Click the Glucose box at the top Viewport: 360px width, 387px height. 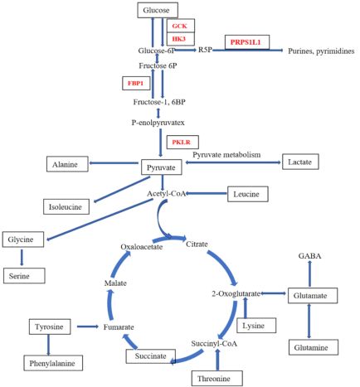pyautogui.click(x=158, y=11)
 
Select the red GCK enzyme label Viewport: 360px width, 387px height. pyautogui.click(x=180, y=26)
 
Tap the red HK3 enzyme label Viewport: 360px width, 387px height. pyautogui.click(x=179, y=39)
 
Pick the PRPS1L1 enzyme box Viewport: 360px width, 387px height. pyautogui.click(x=247, y=42)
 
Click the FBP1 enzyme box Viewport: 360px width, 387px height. pyautogui.click(x=137, y=83)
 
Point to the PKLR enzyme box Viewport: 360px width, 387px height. pyautogui.click(x=182, y=142)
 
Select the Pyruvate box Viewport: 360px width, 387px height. pyautogui.click(x=162, y=167)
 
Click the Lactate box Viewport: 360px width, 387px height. pyautogui.click(x=300, y=162)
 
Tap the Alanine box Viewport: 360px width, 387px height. pyautogui.click(x=67, y=164)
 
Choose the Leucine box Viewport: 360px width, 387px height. pyautogui.click(x=248, y=194)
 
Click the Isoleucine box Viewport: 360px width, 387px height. pyautogui.click(x=66, y=206)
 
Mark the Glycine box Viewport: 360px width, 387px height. pyautogui.click(x=23, y=239)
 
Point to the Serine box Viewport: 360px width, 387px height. pyautogui.click(x=24, y=276)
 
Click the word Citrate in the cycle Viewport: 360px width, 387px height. pyautogui.click(x=197, y=244)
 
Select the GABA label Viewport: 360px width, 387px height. pyautogui.click(x=309, y=256)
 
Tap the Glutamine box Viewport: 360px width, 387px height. pyautogui.click(x=314, y=347)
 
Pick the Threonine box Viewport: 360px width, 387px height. pyautogui.click(x=217, y=378)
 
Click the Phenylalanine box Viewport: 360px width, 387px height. pyautogui.click(x=53, y=363)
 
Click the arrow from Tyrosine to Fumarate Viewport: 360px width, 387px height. pyautogui.click(x=88, y=327)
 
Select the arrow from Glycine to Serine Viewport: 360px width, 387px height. pyautogui.click(x=22, y=258)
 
